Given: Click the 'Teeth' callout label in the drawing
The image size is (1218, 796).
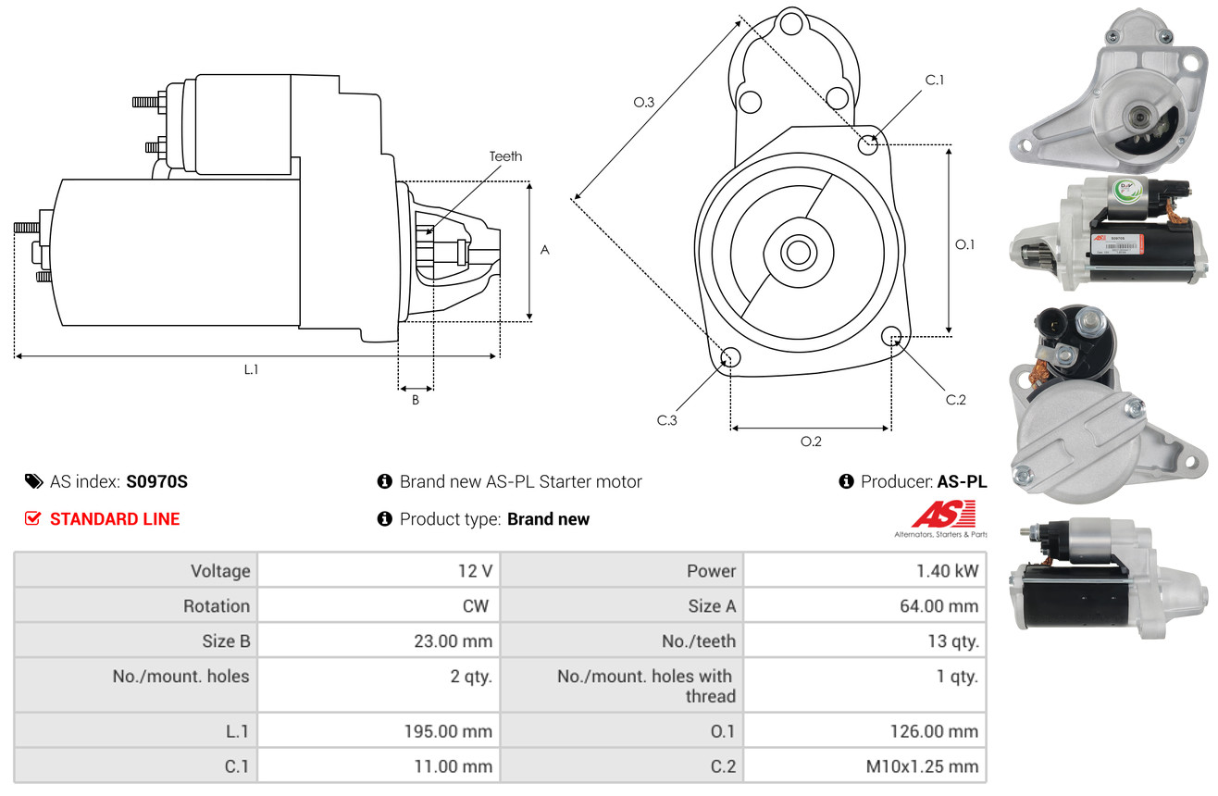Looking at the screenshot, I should [x=505, y=156].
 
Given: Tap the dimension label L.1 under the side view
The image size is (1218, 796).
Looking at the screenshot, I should [x=251, y=369].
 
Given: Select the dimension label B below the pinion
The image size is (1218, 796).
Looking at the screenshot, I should [x=415, y=400].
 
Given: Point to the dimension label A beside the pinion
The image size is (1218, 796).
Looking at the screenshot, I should [x=544, y=250].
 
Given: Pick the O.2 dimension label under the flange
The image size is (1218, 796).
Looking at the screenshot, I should [x=811, y=442].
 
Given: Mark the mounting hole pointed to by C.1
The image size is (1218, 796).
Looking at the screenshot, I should [x=868, y=144].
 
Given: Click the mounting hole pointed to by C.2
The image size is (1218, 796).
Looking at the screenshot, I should [x=891, y=335].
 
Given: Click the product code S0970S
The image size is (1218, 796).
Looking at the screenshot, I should [x=156, y=481].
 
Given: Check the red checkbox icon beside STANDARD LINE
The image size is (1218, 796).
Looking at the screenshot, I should [x=33, y=518].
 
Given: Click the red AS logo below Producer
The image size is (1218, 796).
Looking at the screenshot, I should [x=943, y=515].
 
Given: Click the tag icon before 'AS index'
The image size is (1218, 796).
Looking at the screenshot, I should [x=33, y=481].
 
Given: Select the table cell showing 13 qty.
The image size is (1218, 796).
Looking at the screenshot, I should [x=952, y=641].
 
